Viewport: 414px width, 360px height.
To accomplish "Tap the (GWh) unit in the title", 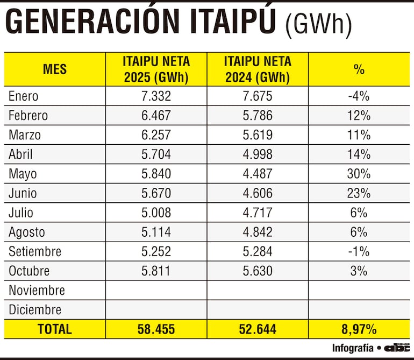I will tap(318, 25).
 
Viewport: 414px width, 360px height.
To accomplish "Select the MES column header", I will tap(55, 69).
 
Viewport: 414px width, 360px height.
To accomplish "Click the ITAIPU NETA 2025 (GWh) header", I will tap(156, 69).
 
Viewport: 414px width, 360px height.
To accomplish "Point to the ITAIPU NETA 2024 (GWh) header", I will tap(258, 69).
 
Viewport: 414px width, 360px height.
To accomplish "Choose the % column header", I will tap(359, 69).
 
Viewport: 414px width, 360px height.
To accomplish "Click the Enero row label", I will tap(24, 96).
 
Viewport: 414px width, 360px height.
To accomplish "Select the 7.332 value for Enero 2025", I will tap(156, 96).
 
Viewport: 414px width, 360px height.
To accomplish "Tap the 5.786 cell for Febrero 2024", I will tap(258, 116).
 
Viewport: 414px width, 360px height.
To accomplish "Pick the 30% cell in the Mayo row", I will tap(359, 174).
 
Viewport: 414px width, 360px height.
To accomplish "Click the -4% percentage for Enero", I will tap(359, 96).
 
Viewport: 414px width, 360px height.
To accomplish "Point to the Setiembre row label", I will tap(35, 251).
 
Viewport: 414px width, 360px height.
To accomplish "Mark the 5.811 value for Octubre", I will tap(156, 271).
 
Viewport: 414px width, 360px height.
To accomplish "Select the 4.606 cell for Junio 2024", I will tap(258, 193).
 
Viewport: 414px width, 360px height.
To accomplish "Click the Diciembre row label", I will tap(35, 309).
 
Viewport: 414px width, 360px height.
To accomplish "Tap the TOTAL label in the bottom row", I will tap(55, 329).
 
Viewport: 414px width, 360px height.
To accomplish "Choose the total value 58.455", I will tap(156, 329).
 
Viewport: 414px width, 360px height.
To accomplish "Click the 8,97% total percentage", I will tap(359, 329).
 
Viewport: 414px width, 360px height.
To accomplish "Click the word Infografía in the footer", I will tap(353, 348).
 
